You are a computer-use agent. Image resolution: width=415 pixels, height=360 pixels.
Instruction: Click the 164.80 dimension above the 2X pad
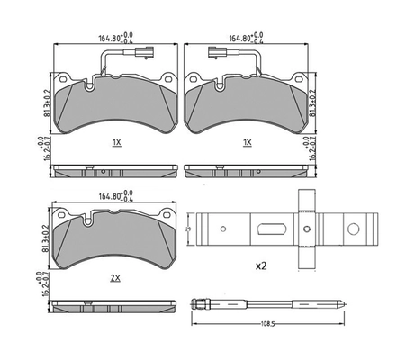113,195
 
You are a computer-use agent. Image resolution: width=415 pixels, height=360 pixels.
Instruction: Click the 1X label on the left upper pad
117,142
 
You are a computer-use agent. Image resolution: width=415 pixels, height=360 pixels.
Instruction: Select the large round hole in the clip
306,229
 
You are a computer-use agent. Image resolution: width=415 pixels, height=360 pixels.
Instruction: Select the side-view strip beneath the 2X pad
115,301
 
